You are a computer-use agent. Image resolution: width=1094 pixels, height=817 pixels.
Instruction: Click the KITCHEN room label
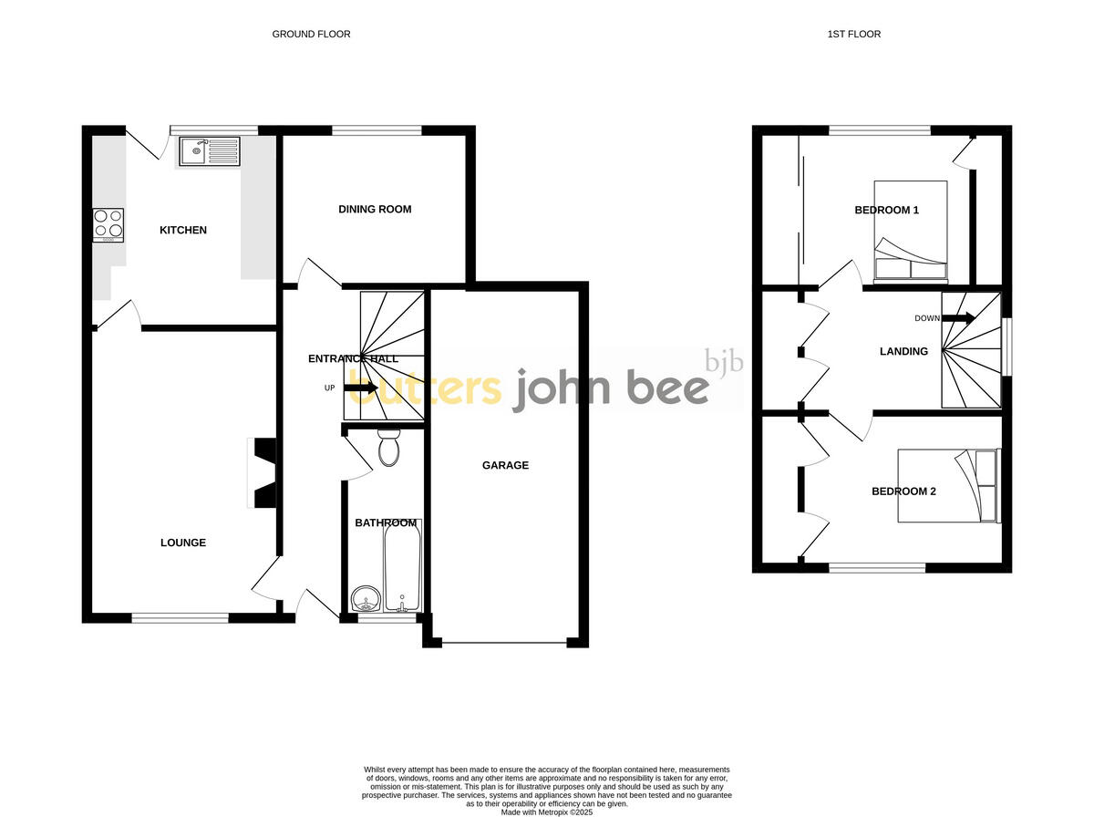coord(183,231)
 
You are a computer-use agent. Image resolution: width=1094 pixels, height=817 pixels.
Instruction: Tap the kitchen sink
coord(209,151)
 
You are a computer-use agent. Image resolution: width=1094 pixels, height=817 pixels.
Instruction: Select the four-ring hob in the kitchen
coord(108,224)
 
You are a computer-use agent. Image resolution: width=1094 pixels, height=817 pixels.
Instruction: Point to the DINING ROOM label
coord(375,210)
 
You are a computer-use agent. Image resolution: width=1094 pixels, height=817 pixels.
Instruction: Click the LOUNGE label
coord(183,543)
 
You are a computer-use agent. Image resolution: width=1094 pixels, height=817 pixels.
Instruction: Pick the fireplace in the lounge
coord(263,473)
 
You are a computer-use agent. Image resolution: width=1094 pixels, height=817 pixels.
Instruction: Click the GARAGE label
coord(505,466)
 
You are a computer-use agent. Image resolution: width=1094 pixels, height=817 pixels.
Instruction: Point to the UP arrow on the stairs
coord(361,388)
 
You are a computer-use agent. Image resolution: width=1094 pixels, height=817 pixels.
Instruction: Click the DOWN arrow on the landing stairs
coord(958,318)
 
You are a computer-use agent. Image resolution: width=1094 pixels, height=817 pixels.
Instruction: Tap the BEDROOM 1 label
coord(886,211)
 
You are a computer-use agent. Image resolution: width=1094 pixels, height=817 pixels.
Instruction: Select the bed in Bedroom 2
coord(948,485)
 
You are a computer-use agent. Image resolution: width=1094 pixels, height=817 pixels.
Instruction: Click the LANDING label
coord(903,352)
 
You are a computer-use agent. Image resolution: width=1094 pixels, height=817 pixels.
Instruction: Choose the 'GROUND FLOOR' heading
coord(311,35)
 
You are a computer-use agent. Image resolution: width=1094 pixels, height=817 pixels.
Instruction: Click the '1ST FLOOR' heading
coord(854,35)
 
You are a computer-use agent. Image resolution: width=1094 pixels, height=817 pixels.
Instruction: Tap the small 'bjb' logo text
coord(725,362)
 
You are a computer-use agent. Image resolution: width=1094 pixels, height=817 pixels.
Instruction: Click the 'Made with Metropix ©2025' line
coord(547,812)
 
